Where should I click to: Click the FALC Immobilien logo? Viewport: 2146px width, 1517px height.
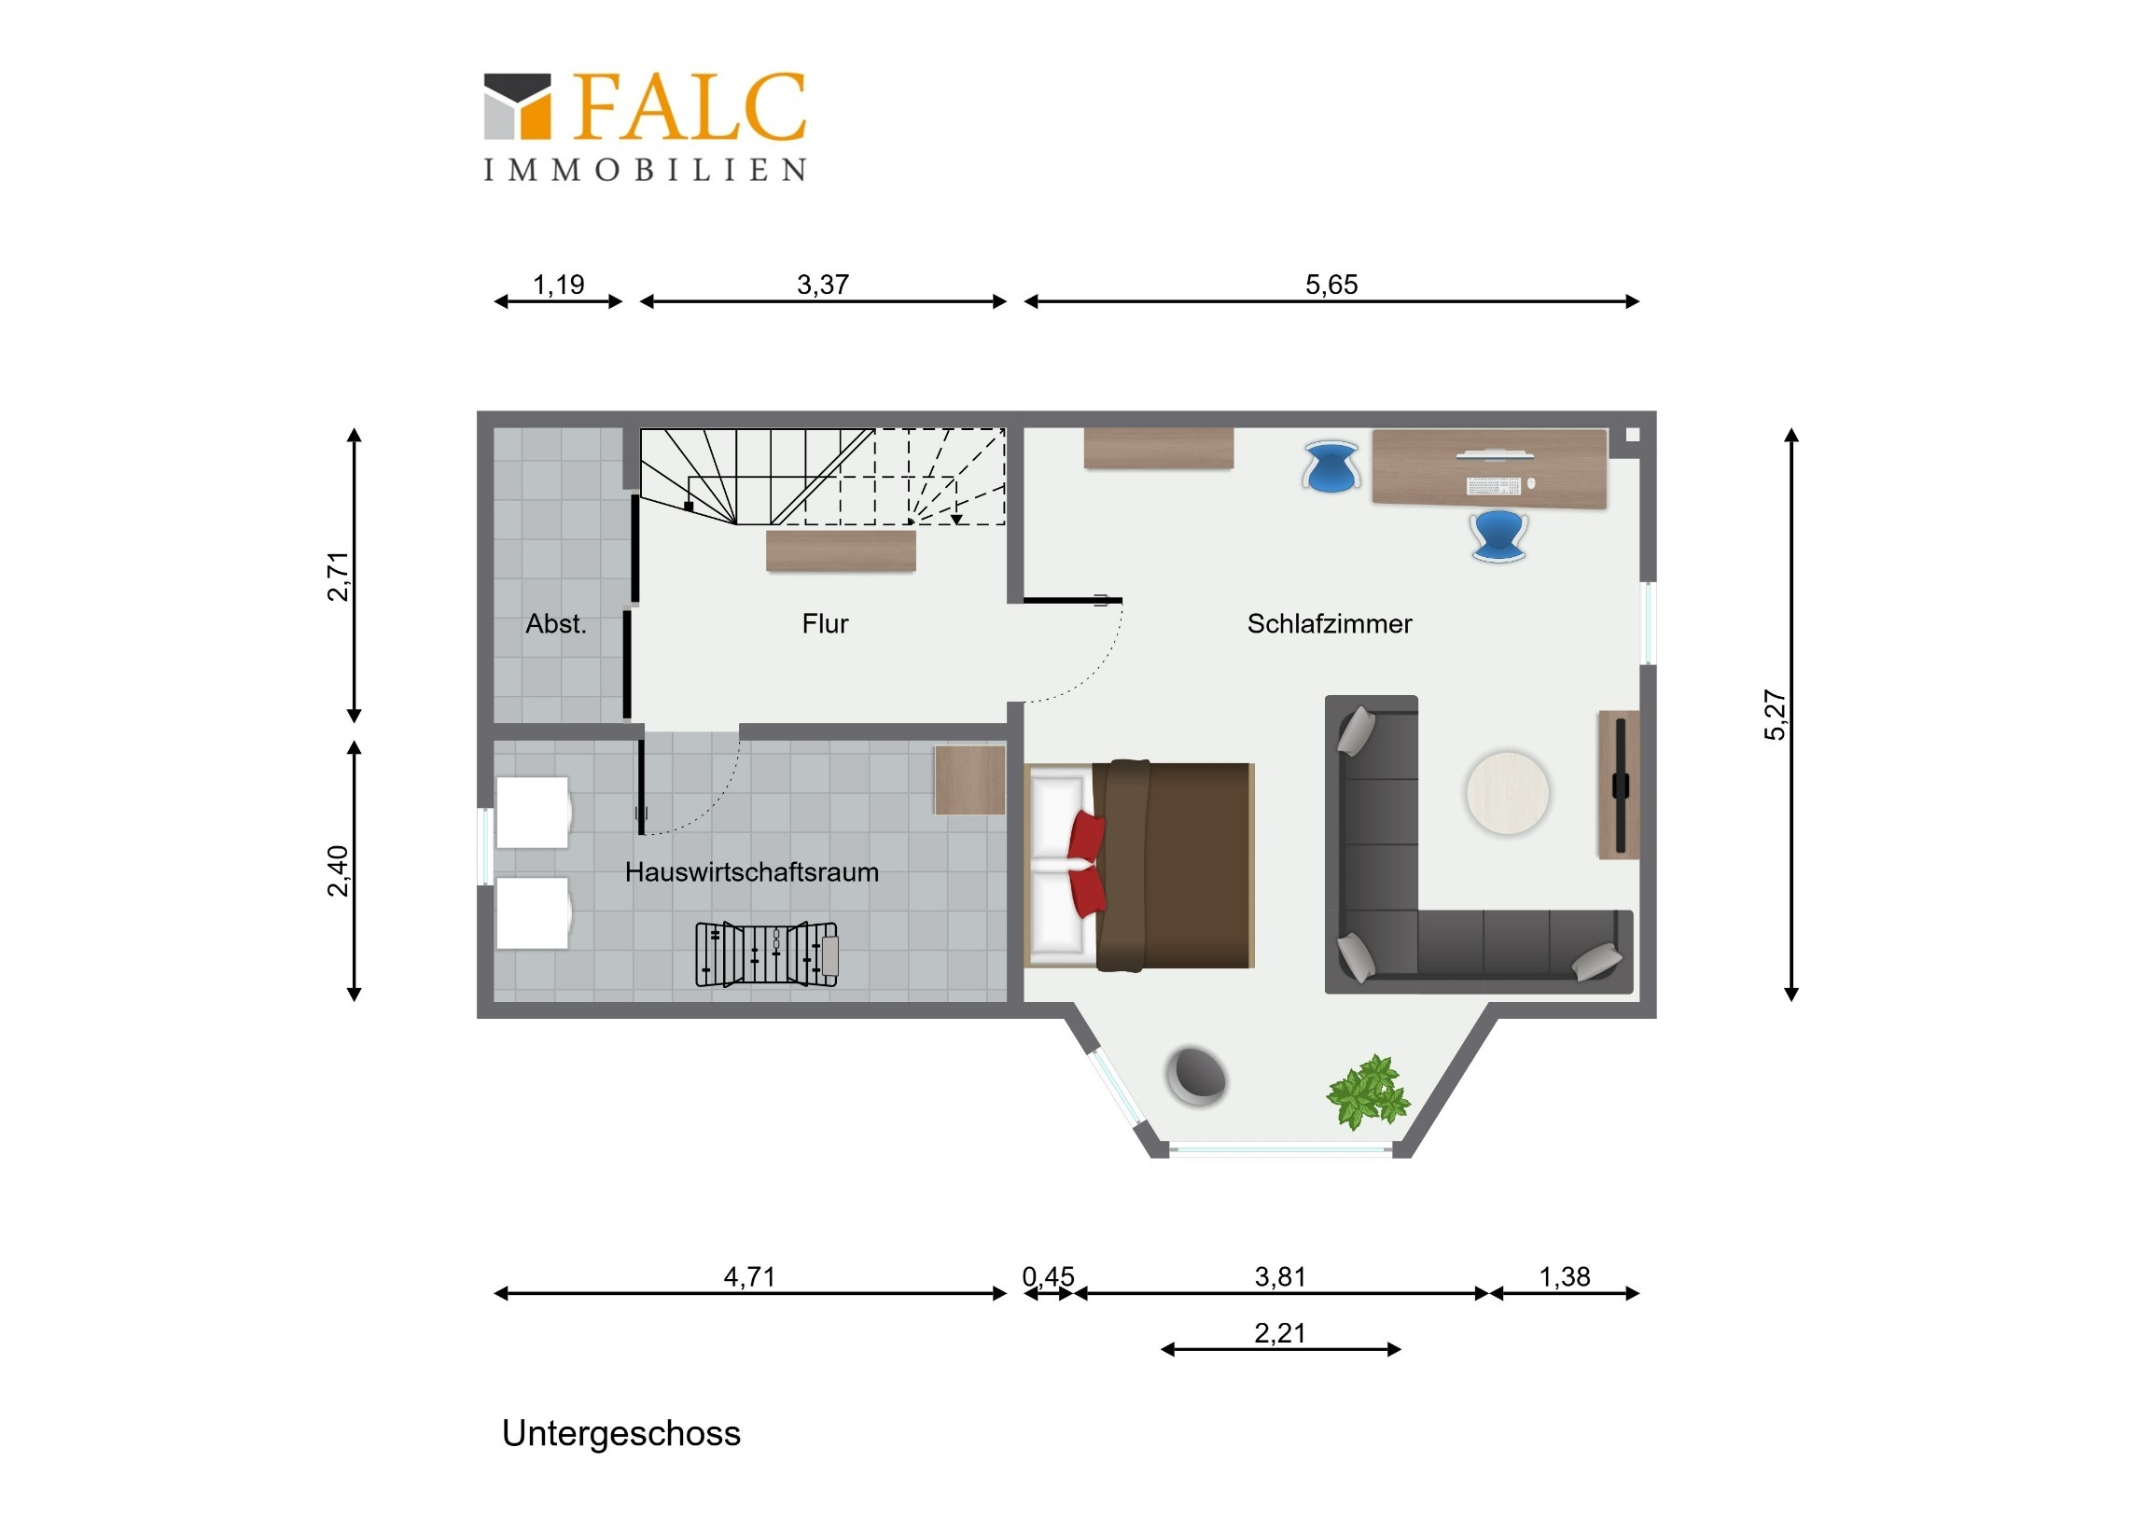click(645, 126)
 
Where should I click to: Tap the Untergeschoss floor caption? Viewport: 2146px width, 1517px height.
click(620, 1434)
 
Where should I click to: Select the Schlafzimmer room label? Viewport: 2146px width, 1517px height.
click(1329, 623)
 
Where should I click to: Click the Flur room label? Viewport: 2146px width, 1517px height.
click(825, 623)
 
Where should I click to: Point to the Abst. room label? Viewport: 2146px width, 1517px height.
click(556, 623)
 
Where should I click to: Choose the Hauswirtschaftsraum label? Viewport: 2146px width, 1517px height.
click(751, 872)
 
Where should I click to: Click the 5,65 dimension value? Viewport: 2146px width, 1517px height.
click(1331, 285)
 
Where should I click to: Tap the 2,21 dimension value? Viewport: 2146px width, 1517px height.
click(1279, 1333)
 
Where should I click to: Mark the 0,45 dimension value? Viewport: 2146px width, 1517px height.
click(1048, 1277)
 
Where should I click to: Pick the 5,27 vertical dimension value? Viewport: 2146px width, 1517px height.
click(1775, 715)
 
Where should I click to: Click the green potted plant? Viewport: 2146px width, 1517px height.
click(1368, 1091)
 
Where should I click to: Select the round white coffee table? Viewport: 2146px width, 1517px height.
click(1507, 793)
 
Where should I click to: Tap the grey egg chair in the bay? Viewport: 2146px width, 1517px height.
click(1196, 1076)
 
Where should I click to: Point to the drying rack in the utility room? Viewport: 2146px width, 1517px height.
click(766, 953)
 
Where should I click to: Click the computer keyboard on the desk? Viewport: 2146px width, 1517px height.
click(1493, 486)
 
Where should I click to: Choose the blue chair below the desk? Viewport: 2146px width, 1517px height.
click(1498, 536)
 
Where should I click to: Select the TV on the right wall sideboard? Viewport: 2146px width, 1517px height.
click(1621, 786)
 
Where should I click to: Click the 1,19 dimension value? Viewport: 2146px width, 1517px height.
click(558, 285)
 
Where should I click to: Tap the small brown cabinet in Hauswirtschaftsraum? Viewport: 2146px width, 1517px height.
click(970, 780)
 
